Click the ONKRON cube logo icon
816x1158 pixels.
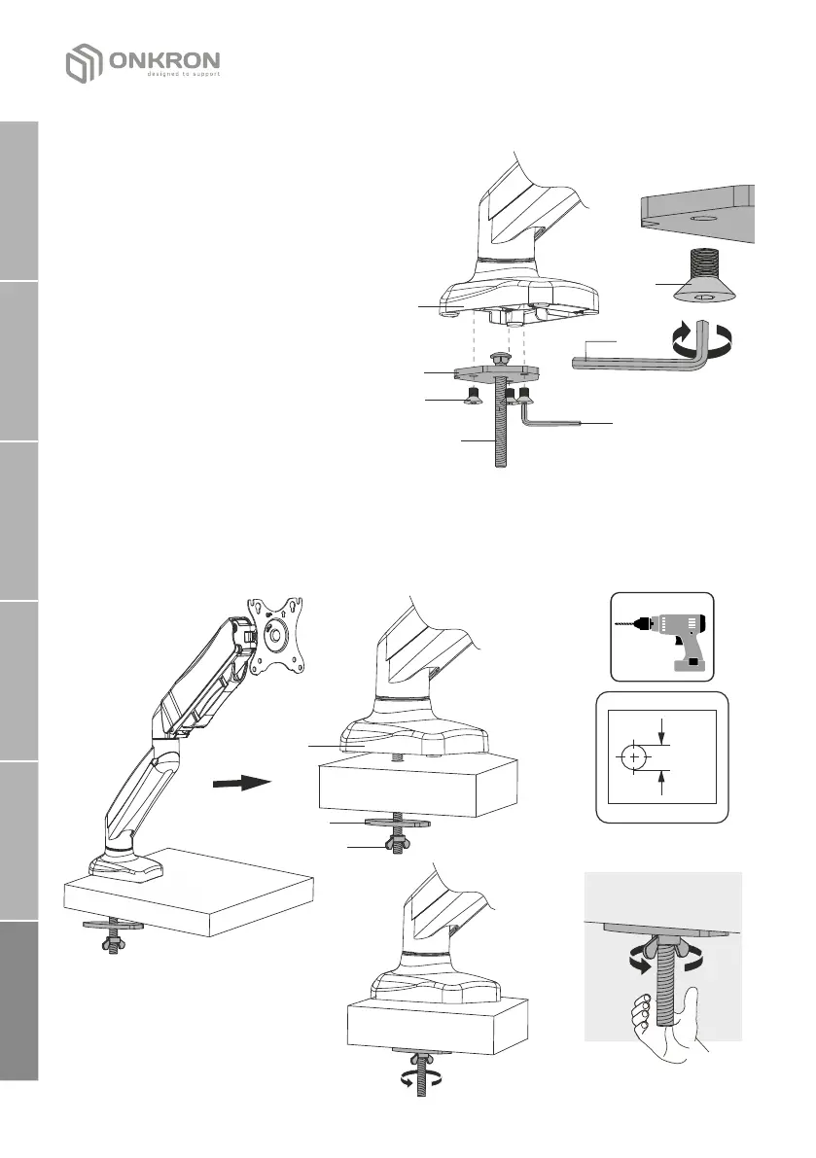click(84, 63)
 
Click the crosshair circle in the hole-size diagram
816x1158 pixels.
click(634, 756)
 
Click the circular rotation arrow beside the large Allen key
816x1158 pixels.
click(702, 340)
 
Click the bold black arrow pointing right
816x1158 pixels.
click(238, 781)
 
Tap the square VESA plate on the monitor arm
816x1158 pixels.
click(276, 636)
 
